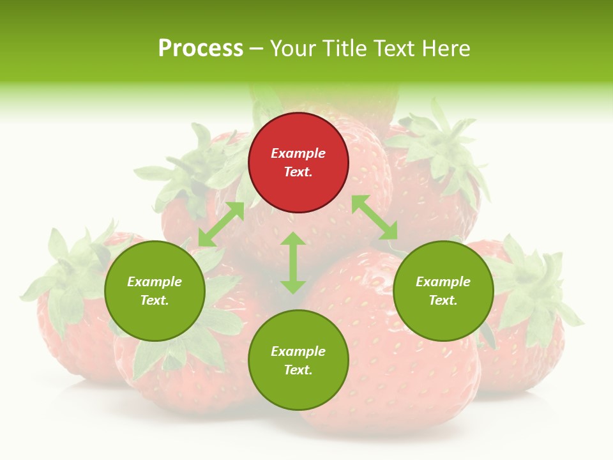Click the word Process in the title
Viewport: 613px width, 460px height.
[x=201, y=49]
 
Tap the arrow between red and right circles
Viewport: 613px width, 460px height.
[x=375, y=217]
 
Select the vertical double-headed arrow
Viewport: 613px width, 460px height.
[x=293, y=263]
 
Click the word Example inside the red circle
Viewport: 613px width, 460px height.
[x=298, y=153]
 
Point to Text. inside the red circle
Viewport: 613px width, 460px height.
[x=298, y=172]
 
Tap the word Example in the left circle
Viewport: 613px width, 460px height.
[x=155, y=282]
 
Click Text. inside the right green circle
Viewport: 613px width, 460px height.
[x=443, y=300]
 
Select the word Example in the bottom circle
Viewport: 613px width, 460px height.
[x=298, y=351]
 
